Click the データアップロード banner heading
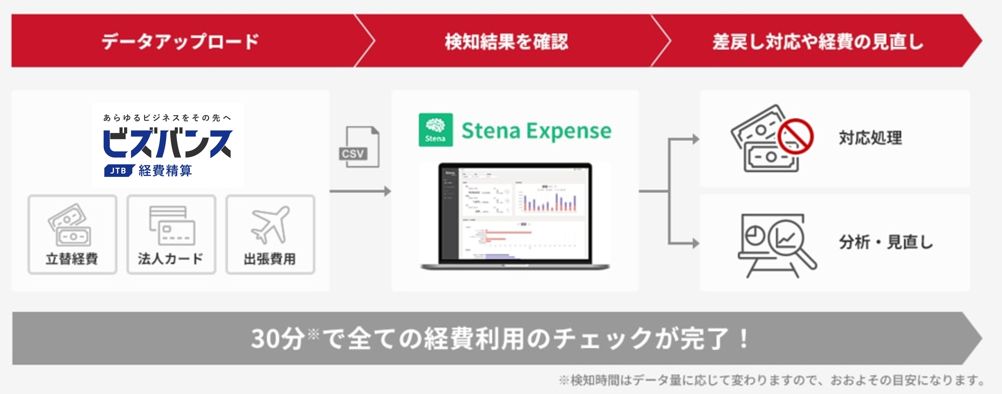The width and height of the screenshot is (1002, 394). (180, 42)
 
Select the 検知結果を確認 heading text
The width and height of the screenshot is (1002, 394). (506, 42)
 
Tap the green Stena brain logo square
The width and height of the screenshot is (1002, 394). (435, 130)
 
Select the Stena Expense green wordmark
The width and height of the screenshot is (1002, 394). (536, 131)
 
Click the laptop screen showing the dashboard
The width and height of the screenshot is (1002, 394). (515, 213)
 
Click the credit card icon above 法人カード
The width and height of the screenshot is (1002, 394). (172, 225)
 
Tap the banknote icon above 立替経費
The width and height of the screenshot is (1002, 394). (70, 225)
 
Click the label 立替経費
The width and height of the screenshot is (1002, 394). (72, 259)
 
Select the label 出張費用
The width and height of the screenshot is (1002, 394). (270, 259)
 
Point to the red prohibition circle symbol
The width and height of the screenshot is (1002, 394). (795, 136)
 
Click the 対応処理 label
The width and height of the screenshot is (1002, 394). (870, 138)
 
